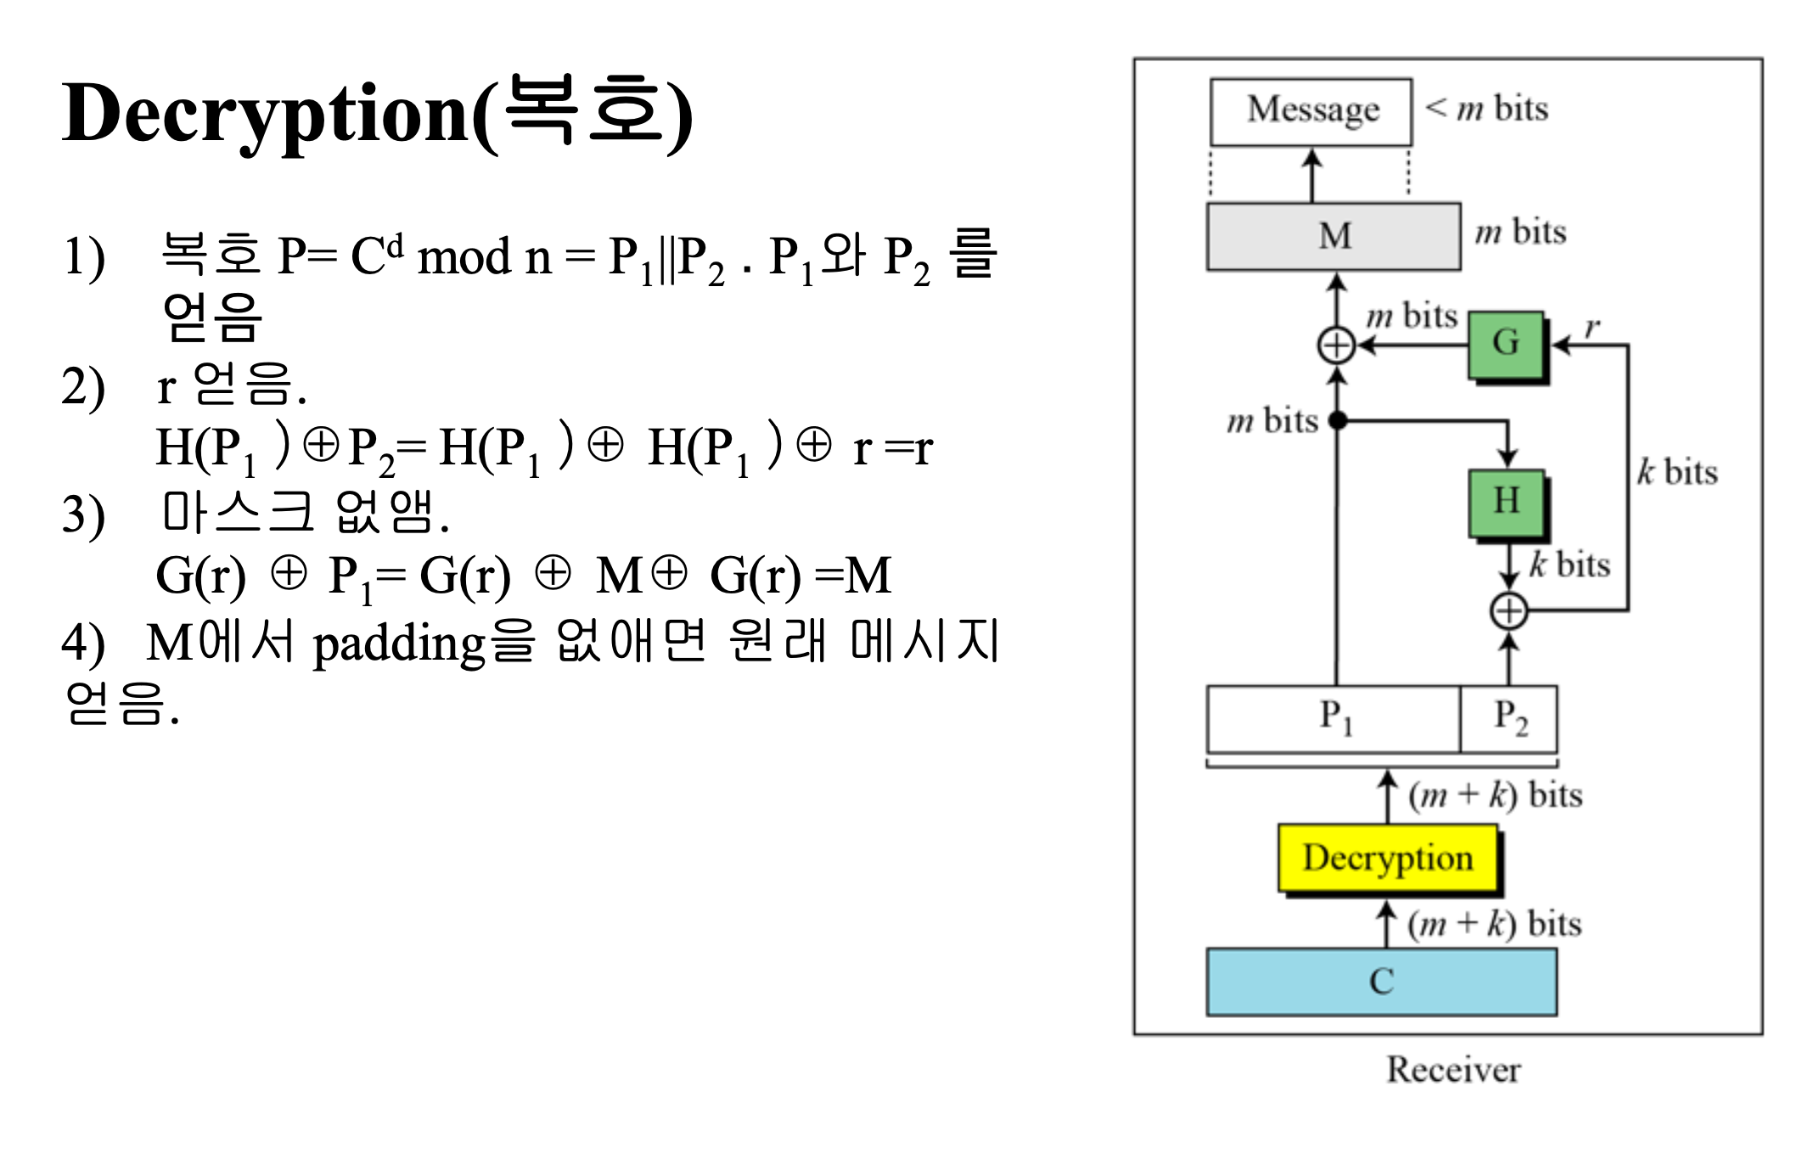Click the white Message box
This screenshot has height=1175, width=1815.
[1311, 111]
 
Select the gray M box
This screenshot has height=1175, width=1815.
[1334, 236]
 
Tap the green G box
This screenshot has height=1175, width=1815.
[1506, 344]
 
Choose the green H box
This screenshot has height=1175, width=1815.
[1506, 502]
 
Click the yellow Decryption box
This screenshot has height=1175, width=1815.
[1387, 859]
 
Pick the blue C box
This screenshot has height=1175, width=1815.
[1381, 981]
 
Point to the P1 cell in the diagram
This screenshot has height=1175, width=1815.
[1334, 718]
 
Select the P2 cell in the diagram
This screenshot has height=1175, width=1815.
[1509, 718]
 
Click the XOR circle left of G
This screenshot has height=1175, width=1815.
[1336, 346]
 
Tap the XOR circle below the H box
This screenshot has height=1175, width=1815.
[1509, 611]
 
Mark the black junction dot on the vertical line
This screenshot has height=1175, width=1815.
[1337, 419]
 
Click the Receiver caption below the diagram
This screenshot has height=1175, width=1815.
[1453, 1070]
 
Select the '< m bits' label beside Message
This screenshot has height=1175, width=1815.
[1486, 110]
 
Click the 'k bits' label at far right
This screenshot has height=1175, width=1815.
[1677, 472]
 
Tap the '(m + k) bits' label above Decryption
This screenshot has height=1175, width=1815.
[1495, 796]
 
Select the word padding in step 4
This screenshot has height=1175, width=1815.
[399, 644]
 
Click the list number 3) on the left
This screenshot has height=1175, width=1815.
[83, 515]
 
